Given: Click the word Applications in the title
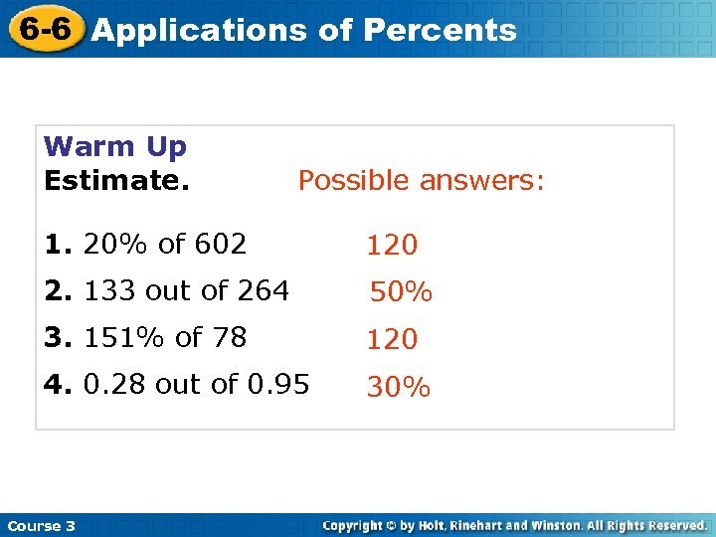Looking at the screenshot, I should point(199,30).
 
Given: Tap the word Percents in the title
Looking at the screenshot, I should point(440,30).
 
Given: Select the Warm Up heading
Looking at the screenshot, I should point(115,147).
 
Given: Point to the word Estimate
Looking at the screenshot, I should point(117,181).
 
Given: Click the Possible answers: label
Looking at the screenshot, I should point(422,181).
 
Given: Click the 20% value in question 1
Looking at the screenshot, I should point(109,243).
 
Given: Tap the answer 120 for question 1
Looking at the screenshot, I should point(392,245).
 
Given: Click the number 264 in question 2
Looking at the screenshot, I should point(263,290).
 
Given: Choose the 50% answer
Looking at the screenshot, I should point(401,292).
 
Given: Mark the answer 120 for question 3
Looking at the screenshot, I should point(392,340).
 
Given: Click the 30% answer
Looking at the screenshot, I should point(398,388).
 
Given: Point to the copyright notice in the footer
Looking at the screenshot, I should point(515,525).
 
